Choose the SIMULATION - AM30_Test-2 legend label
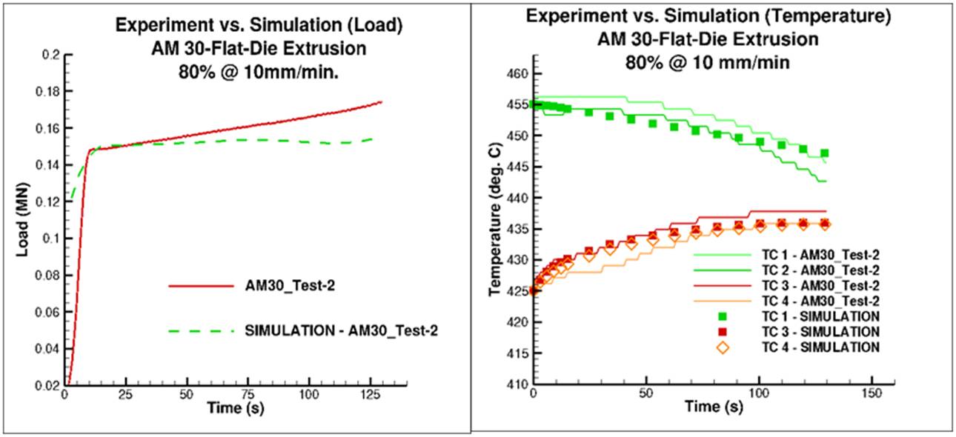(x=341, y=330)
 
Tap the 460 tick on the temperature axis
(x=515, y=74)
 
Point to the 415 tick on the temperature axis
(x=515, y=353)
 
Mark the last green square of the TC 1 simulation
(x=824, y=153)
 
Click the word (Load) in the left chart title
(x=374, y=25)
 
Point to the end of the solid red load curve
(x=381, y=101)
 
